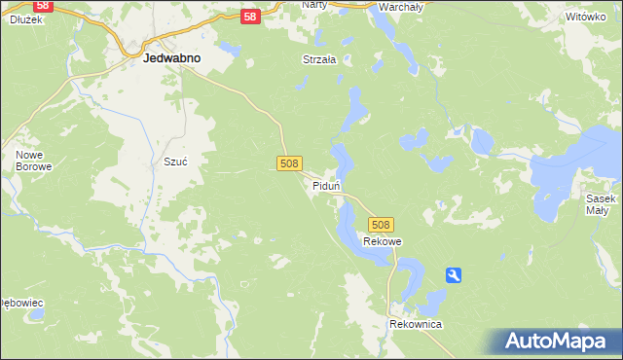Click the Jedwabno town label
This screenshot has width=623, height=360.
coord(171,58)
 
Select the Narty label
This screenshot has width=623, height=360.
coord(313,5)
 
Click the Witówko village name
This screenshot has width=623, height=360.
coord(585,18)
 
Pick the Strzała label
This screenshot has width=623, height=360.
coord(318,59)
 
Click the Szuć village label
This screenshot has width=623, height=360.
coord(174,162)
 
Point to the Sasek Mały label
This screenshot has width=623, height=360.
coord(599,203)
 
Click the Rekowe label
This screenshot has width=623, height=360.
coord(383,241)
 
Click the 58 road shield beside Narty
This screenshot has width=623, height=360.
coord(250,17)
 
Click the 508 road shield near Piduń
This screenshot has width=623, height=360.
coord(288,163)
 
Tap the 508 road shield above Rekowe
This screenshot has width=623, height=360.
coord(382,224)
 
